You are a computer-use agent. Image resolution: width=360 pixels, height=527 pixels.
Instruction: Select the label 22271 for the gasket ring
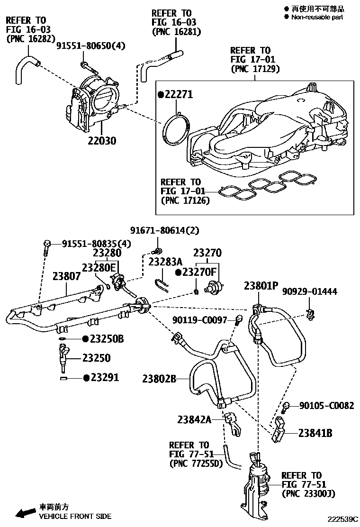(179, 95)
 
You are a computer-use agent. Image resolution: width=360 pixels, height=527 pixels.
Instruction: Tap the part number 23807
(66, 276)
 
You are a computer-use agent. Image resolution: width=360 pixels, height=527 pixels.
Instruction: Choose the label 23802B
(159, 379)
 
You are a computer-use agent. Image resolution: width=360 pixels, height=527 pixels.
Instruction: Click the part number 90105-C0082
(326, 406)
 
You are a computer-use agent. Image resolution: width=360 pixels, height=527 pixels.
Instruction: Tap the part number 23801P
(261, 286)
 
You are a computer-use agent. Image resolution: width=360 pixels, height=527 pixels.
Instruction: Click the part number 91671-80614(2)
(165, 231)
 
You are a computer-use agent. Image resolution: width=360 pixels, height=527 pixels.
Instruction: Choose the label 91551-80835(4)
(97, 244)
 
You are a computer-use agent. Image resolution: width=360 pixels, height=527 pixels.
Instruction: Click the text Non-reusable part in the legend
(317, 17)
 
